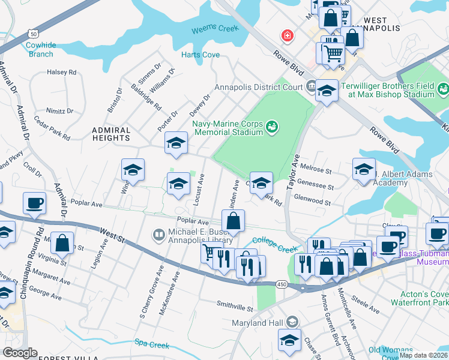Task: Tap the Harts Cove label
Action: [200, 55]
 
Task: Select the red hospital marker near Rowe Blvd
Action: [288, 36]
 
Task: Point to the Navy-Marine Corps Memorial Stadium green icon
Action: [273, 127]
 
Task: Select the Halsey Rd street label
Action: [62, 72]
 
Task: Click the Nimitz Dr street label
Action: [61, 110]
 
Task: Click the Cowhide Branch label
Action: [40, 49]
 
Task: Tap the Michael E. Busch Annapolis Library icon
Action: [159, 234]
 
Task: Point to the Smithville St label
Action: [235, 308]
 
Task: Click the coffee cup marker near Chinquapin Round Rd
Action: [34, 202]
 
